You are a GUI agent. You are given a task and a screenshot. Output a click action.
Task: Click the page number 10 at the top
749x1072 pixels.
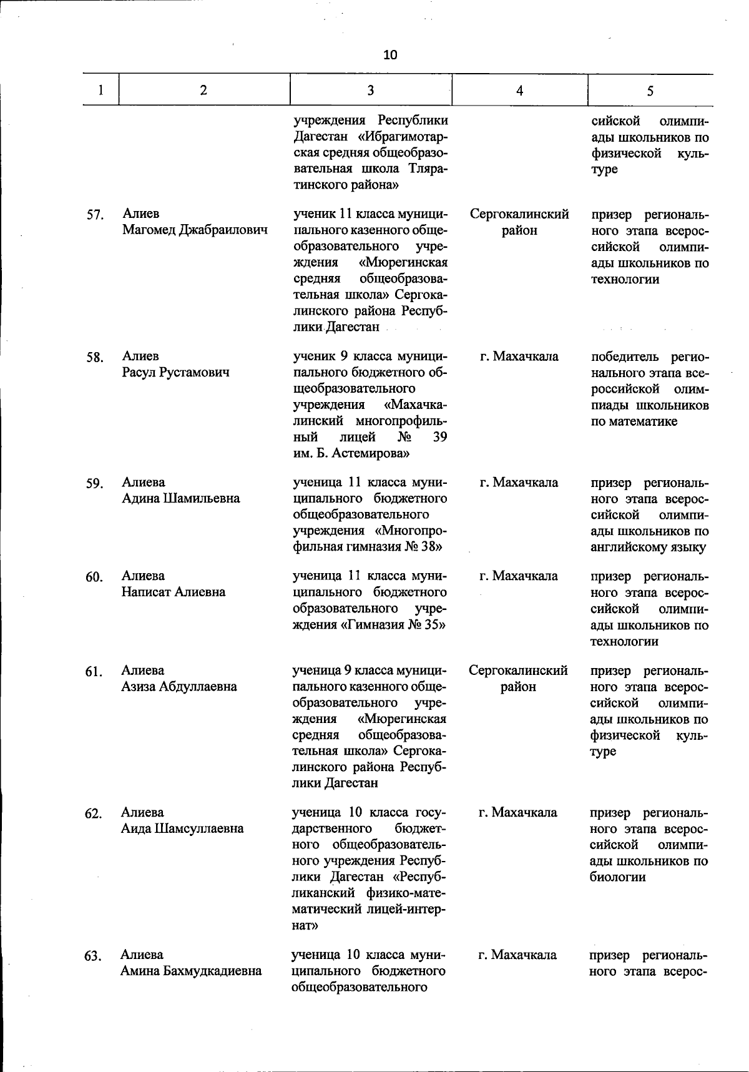[390, 55]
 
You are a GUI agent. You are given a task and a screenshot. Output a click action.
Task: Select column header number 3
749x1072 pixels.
[371, 91]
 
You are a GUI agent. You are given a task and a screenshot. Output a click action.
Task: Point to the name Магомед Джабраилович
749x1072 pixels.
[195, 230]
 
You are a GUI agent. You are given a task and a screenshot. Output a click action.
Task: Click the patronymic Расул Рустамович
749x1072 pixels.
[175, 373]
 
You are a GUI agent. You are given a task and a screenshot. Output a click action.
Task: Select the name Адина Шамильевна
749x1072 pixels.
[180, 499]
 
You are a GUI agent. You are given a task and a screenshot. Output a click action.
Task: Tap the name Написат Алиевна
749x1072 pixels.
[174, 592]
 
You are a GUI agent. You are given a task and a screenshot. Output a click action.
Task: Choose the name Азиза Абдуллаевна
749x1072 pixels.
[179, 687]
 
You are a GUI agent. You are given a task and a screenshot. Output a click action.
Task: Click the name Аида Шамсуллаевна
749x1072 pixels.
[182, 829]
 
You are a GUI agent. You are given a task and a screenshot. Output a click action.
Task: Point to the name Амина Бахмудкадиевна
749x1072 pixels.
[191, 971]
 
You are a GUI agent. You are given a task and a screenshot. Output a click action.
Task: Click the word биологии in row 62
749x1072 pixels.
[617, 877]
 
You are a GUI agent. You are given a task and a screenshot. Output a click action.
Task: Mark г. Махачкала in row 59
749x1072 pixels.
[519, 483]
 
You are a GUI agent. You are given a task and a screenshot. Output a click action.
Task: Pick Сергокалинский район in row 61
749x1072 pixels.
[518, 679]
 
